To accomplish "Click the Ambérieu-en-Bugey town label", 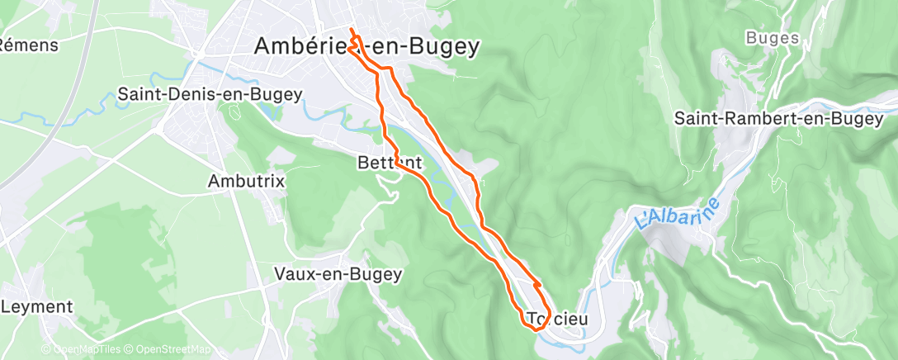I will (367, 47).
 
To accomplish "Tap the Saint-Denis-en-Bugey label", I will (210, 94).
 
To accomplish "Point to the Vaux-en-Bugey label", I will (338, 273).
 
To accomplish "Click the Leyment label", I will (37, 307).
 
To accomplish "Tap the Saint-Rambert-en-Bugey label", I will (778, 119).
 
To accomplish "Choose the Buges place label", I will (773, 38).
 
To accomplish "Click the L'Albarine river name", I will (678, 212).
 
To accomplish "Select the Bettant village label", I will (390, 163).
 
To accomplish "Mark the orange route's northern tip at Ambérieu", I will (352, 31).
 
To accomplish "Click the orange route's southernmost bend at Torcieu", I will (535, 329).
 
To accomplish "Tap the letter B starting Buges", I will (750, 38).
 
